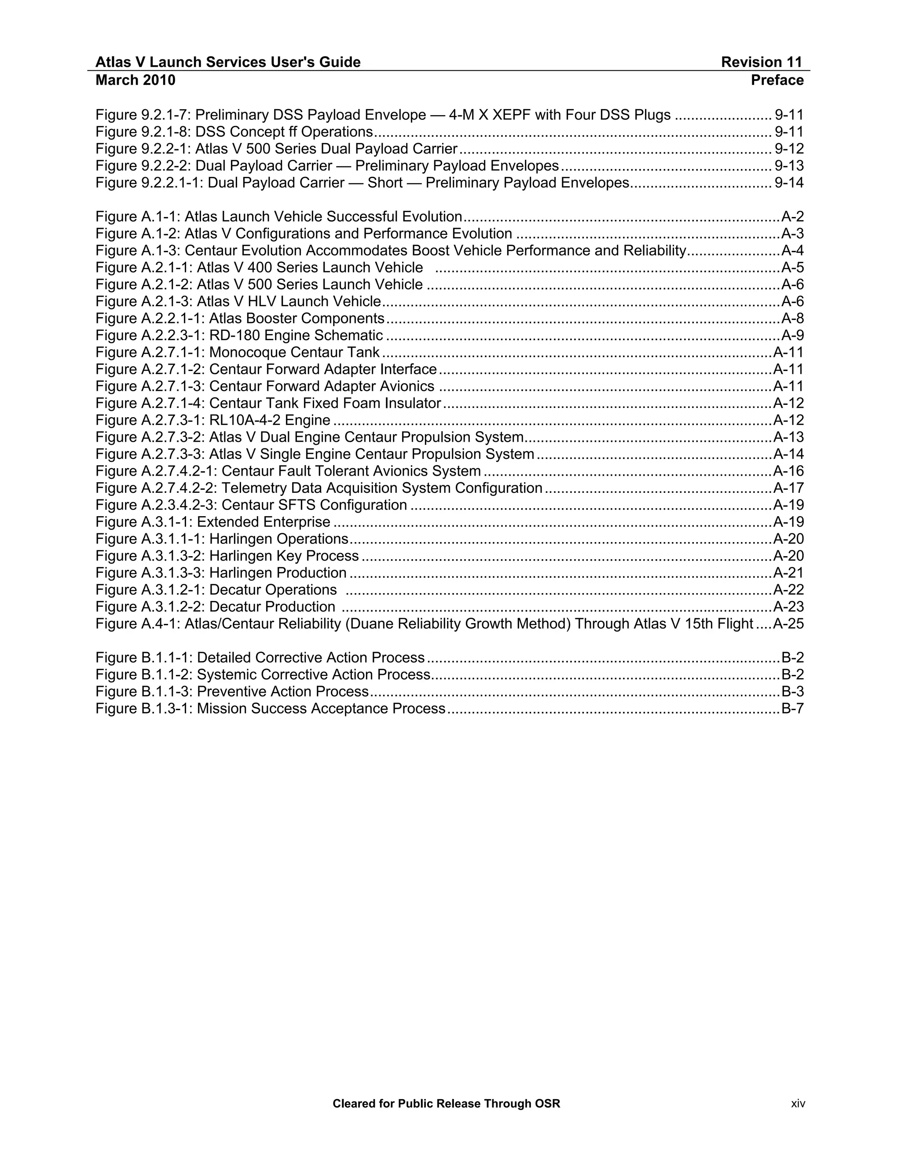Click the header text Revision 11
pyautogui.click(x=761, y=62)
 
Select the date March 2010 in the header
pyautogui.click(x=135, y=80)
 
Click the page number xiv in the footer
pyautogui.click(x=798, y=1104)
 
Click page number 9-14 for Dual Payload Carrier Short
pyautogui.click(x=788, y=183)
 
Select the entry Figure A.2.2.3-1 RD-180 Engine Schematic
pyautogui.click(x=239, y=336)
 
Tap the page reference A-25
pyautogui.click(x=788, y=624)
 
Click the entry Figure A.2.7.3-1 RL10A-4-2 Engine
pyautogui.click(x=213, y=421)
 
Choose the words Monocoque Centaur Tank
pyautogui.click(x=295, y=353)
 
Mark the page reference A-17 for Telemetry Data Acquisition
pyautogui.click(x=788, y=488)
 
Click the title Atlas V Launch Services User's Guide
pyautogui.click(x=228, y=62)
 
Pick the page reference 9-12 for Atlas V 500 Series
pyautogui.click(x=788, y=149)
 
